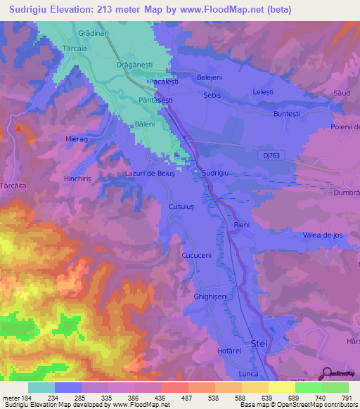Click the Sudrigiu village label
pyautogui.click(x=217, y=172)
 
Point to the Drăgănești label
pyautogui.click(x=134, y=64)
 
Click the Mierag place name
pyautogui.click(x=77, y=139)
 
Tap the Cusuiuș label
pyautogui.click(x=184, y=205)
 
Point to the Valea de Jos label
pyautogui.click(x=322, y=235)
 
